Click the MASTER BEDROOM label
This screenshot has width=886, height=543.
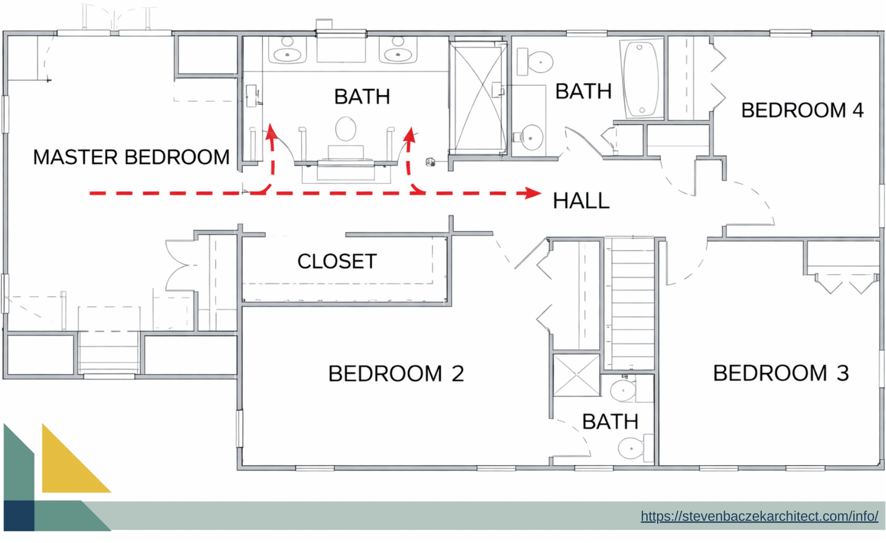click(131, 157)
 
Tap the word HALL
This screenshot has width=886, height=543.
click(581, 201)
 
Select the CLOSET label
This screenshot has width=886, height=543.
click(337, 261)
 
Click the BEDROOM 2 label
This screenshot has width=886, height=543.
click(396, 374)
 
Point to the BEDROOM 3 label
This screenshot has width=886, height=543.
click(781, 373)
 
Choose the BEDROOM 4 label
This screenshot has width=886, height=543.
click(802, 111)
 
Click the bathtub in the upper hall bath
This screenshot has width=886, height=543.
click(641, 78)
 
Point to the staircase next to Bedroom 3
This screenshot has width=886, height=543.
click(629, 304)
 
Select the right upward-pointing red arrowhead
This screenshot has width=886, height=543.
click(409, 134)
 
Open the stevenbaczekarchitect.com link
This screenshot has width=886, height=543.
click(759, 516)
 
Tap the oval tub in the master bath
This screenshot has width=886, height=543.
click(346, 129)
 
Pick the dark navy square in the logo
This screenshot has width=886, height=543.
click(19, 516)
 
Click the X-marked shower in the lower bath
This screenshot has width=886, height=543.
click(576, 375)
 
